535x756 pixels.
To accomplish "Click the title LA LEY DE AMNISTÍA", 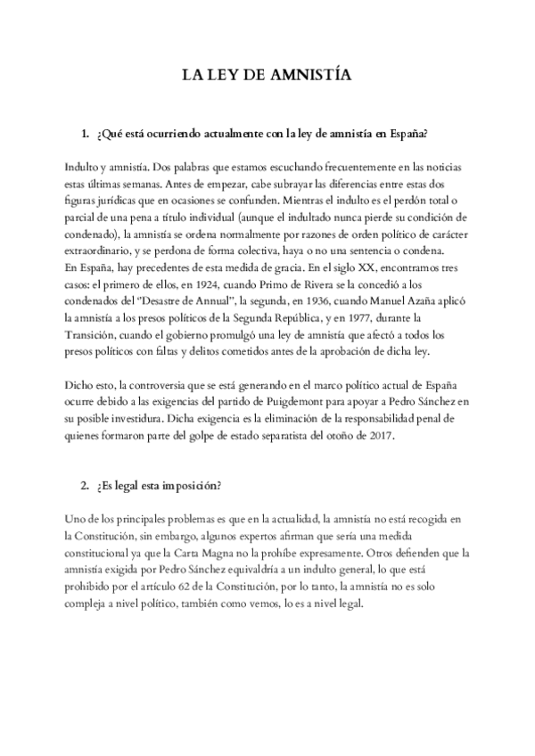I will click(267, 78).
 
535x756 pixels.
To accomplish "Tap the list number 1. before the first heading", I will click(85, 135).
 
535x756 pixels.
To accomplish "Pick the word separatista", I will click(303, 436).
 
